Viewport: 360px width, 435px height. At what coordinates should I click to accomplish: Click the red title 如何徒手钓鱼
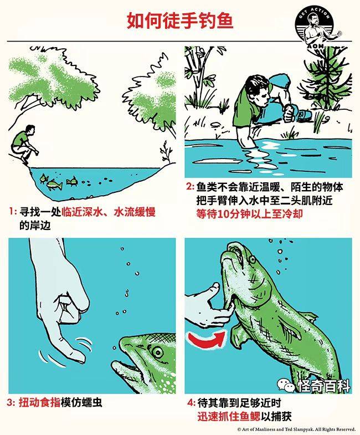(179, 21)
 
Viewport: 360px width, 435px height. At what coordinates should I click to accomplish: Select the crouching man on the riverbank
(25, 144)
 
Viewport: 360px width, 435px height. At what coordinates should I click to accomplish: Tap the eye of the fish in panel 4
(252, 259)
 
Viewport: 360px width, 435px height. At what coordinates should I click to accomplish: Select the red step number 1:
(13, 211)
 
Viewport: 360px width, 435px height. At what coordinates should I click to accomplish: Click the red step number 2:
(191, 187)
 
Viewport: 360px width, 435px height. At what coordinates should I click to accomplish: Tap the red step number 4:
(191, 402)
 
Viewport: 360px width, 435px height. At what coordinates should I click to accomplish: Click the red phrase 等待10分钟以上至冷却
(249, 214)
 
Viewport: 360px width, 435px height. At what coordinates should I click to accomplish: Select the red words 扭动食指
(39, 402)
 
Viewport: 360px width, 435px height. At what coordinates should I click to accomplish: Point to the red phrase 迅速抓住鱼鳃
(229, 416)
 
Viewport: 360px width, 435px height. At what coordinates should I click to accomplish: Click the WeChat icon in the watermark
(286, 385)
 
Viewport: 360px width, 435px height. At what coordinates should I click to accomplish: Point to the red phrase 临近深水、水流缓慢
(108, 212)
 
